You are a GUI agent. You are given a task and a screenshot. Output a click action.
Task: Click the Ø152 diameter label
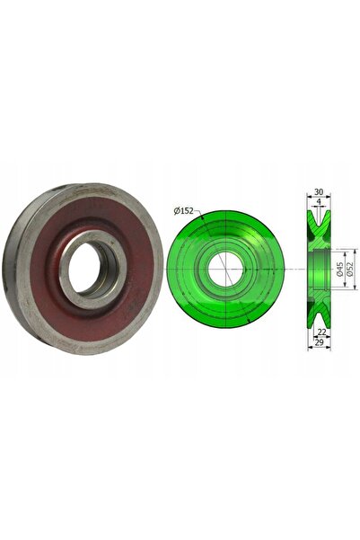point(184,211)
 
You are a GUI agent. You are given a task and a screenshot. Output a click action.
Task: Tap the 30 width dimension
point(319,191)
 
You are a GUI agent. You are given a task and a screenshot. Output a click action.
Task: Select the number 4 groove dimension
point(319,201)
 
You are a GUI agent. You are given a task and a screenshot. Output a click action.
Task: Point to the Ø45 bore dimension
point(339,269)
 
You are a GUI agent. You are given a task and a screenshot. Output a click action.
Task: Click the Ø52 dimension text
point(350,269)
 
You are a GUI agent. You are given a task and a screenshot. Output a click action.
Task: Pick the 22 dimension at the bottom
point(321,332)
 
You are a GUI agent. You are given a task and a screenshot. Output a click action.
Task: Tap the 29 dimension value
point(319,342)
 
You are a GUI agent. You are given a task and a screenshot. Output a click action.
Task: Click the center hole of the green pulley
point(225,269)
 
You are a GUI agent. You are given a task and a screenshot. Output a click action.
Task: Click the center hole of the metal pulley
point(92,270)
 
